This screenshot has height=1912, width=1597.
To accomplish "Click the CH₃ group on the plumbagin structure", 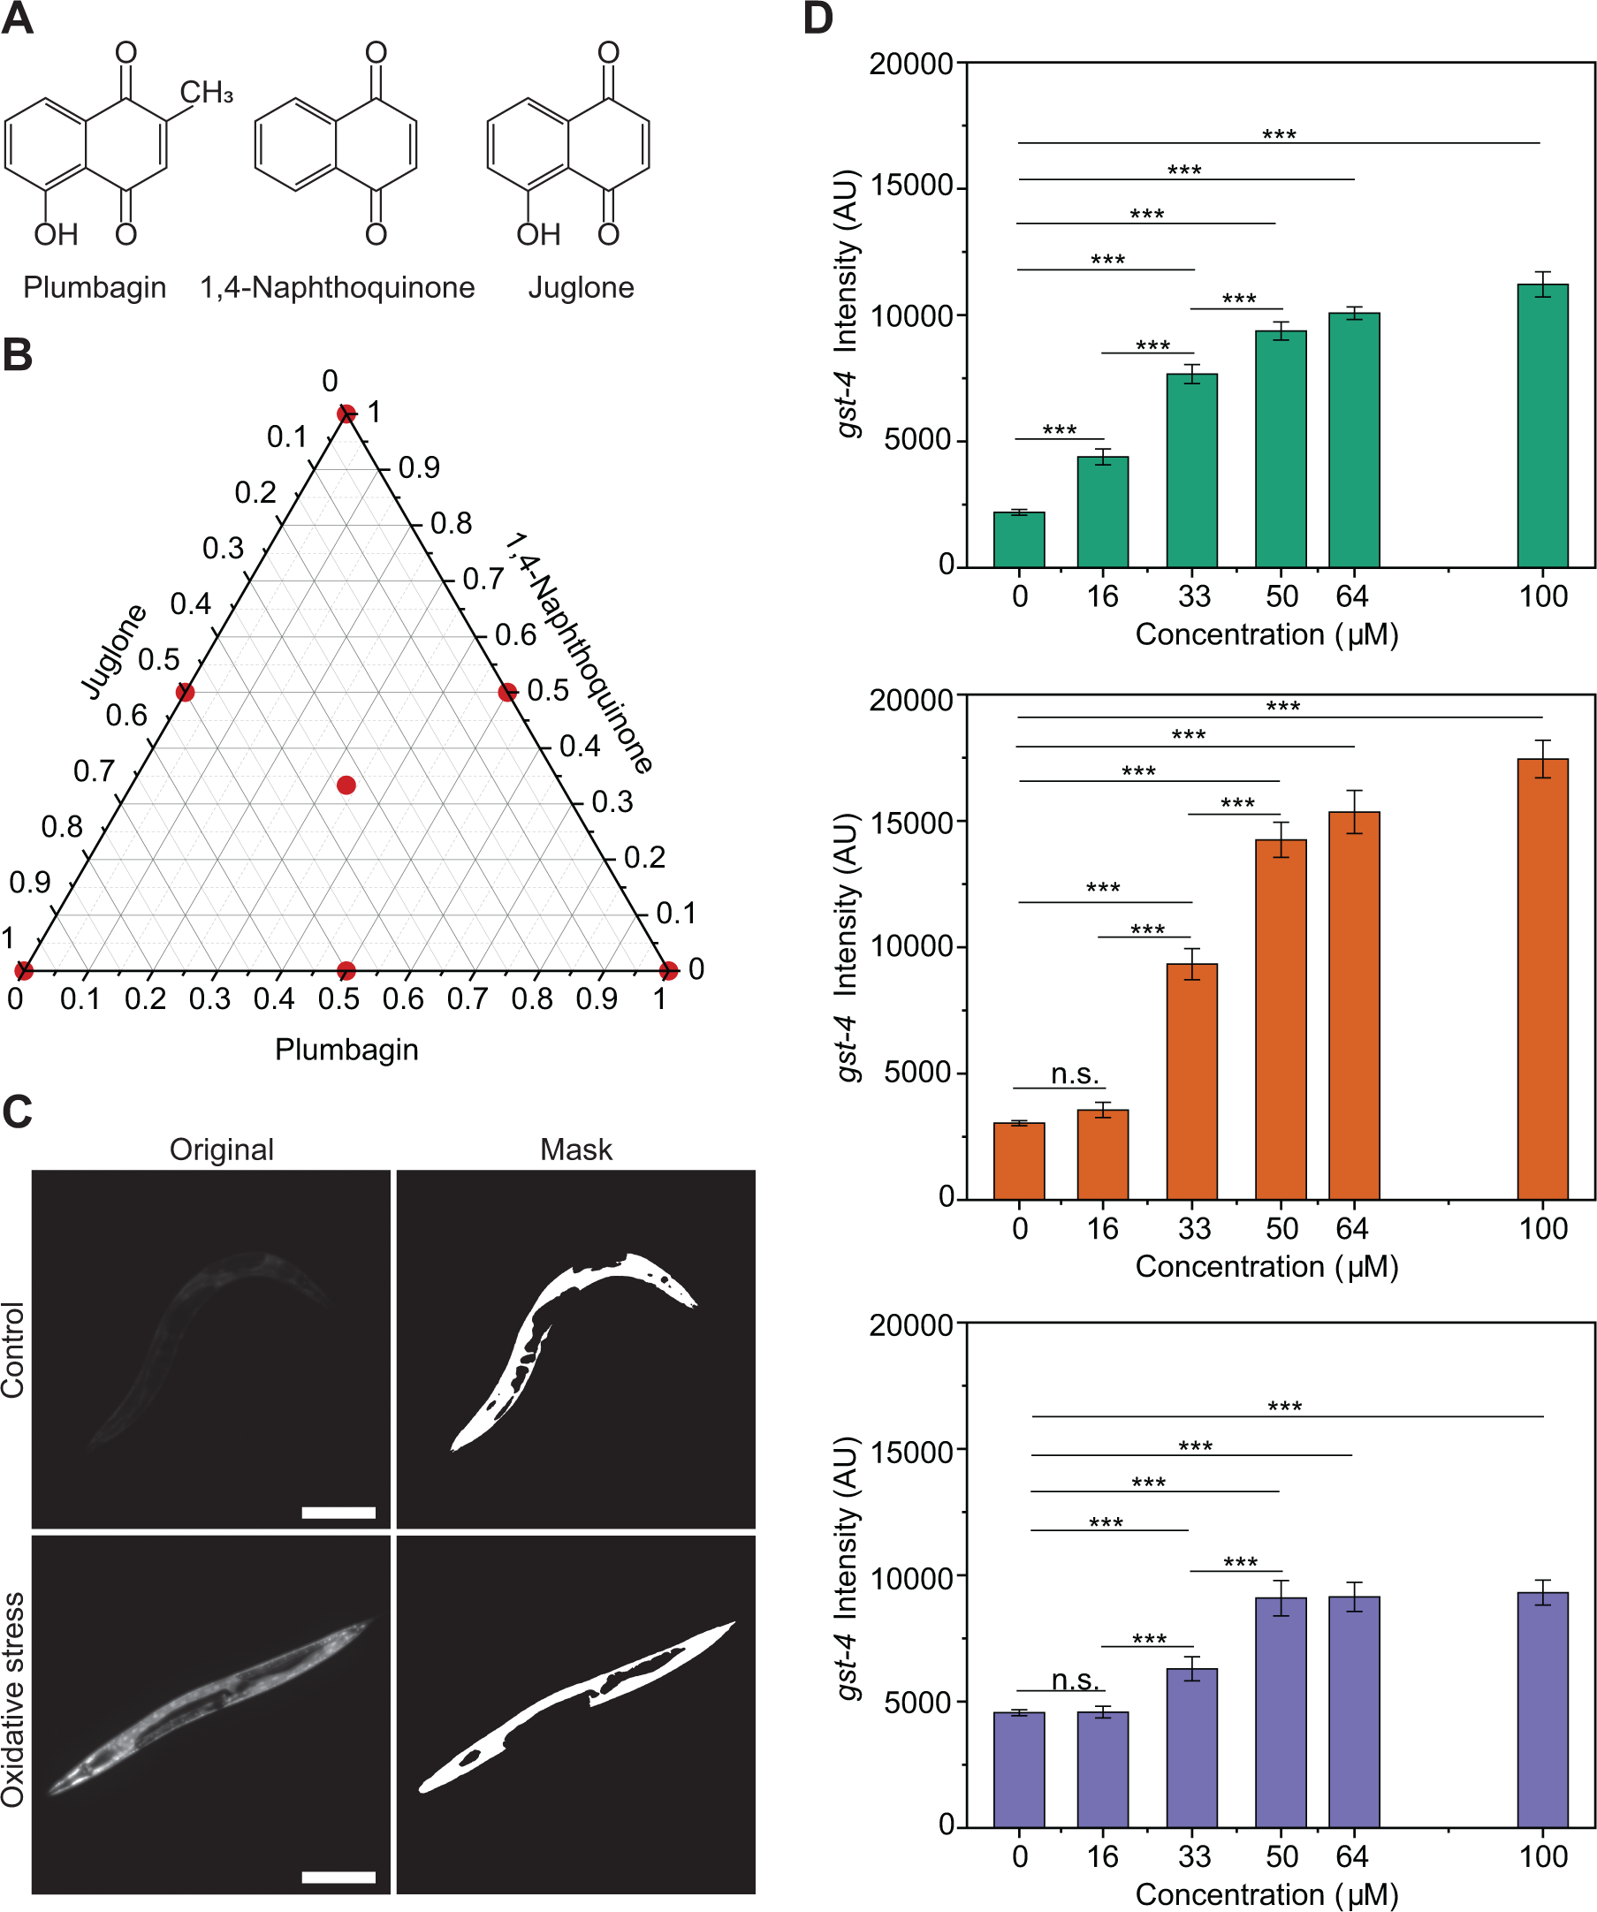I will pyautogui.click(x=206, y=93).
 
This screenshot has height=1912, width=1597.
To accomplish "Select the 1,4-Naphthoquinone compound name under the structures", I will pyautogui.click(x=337, y=288).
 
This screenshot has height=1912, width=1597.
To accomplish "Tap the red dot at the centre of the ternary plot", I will pyautogui.click(x=346, y=785).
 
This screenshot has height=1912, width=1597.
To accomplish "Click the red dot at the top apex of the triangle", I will pyautogui.click(x=346, y=414).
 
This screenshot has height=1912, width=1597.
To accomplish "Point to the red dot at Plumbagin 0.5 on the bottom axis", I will pyautogui.click(x=346, y=970).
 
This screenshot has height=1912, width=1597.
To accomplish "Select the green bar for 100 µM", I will pyautogui.click(x=1542, y=428).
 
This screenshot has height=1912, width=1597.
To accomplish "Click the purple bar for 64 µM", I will pyautogui.click(x=1354, y=1711).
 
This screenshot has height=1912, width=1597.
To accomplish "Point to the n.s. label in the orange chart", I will pyautogui.click(x=1075, y=1074).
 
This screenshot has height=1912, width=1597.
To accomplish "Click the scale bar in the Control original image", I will pyautogui.click(x=338, y=1514).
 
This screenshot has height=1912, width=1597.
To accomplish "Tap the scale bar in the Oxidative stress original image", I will pyautogui.click(x=338, y=1878).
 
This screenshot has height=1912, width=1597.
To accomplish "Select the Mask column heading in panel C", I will pyautogui.click(x=575, y=1149).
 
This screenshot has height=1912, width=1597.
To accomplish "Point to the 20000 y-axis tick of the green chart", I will pyautogui.click(x=910, y=64).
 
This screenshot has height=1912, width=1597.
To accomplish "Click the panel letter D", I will pyautogui.click(x=818, y=19).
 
